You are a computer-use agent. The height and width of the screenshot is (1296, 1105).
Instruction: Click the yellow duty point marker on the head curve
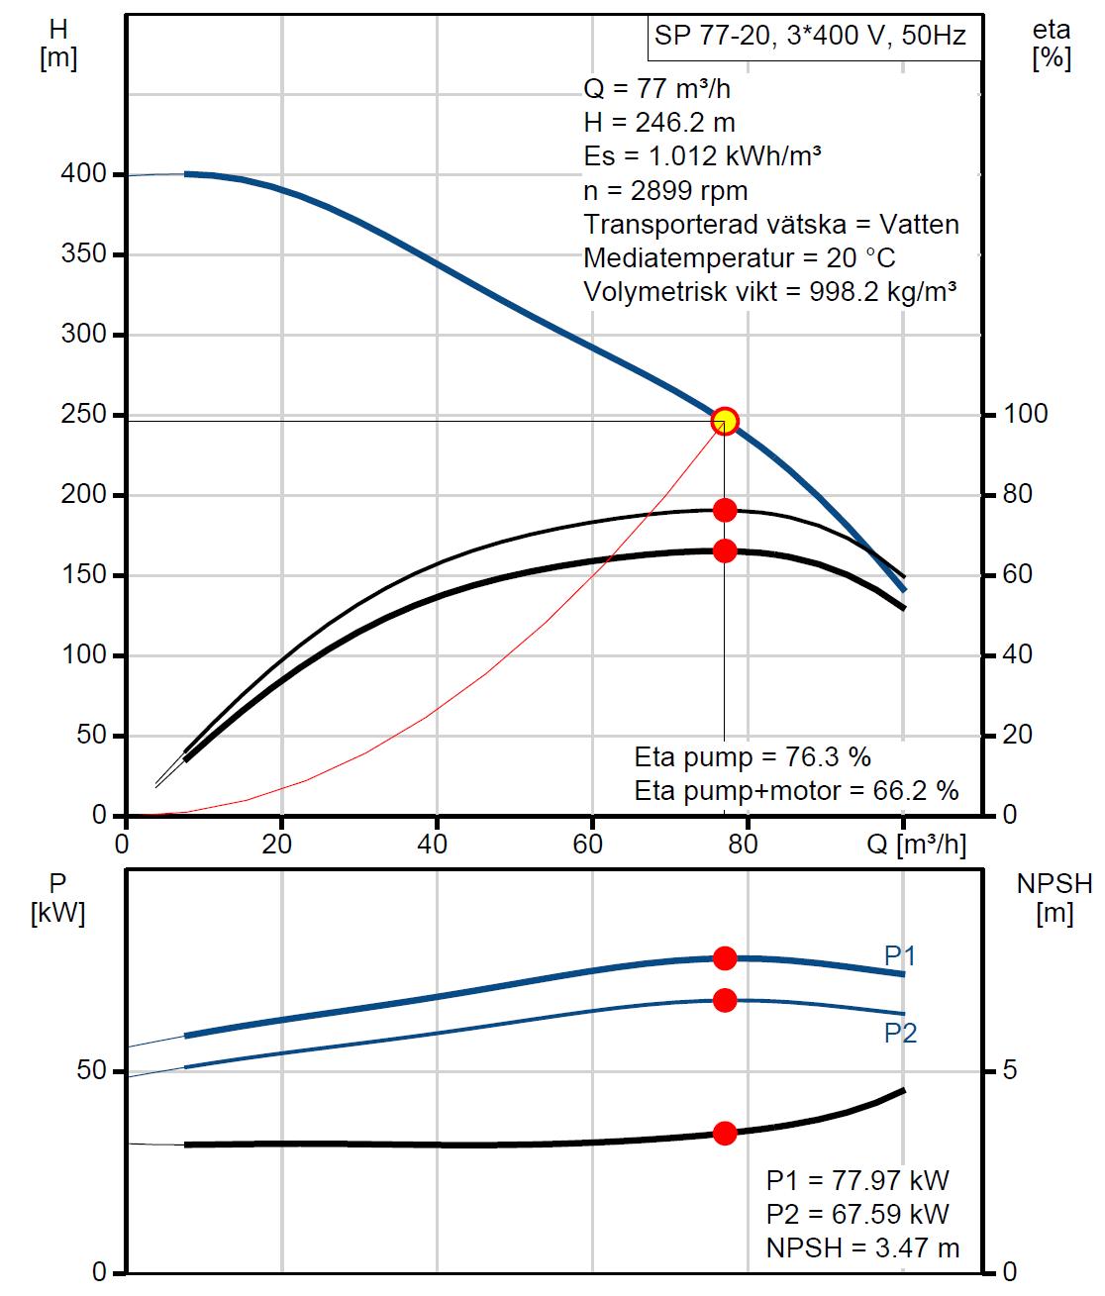point(725,421)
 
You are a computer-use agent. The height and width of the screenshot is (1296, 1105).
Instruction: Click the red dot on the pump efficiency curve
point(725,510)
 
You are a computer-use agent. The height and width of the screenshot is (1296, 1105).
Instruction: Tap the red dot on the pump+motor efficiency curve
point(725,550)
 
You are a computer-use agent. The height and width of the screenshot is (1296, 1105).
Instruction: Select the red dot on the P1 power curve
point(725,957)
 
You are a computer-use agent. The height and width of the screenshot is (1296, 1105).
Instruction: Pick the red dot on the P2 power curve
point(725,1000)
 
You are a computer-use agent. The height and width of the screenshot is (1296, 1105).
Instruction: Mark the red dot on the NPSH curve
point(725,1133)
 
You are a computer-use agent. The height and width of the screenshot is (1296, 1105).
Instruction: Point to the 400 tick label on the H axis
point(83,174)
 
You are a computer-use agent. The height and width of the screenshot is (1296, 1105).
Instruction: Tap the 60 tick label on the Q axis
point(589,844)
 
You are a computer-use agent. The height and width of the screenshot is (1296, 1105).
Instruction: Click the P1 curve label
point(900,955)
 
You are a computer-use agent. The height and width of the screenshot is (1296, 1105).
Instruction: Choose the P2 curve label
point(900,1033)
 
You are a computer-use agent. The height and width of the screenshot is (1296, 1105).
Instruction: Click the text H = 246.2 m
point(659,122)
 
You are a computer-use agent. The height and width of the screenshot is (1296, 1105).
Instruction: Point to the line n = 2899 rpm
point(665,189)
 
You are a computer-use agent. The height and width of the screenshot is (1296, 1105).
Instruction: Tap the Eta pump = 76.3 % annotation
point(753,757)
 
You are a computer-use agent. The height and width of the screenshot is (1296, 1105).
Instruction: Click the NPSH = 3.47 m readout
point(862,1247)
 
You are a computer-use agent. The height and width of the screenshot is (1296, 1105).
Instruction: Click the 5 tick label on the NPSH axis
point(1010,1071)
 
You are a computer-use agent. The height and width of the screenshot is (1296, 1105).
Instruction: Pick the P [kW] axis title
point(58,897)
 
